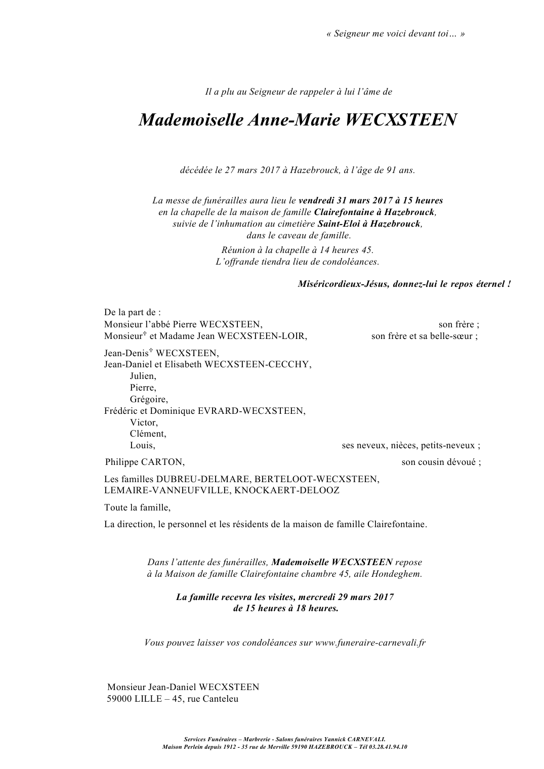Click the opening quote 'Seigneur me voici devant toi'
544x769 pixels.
click(396, 34)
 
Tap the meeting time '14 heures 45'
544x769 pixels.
click(347, 250)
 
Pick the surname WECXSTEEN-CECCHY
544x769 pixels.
click(257, 365)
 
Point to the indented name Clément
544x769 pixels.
click(148, 434)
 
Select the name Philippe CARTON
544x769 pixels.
click(145, 462)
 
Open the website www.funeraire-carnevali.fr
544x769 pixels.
click(370, 643)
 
